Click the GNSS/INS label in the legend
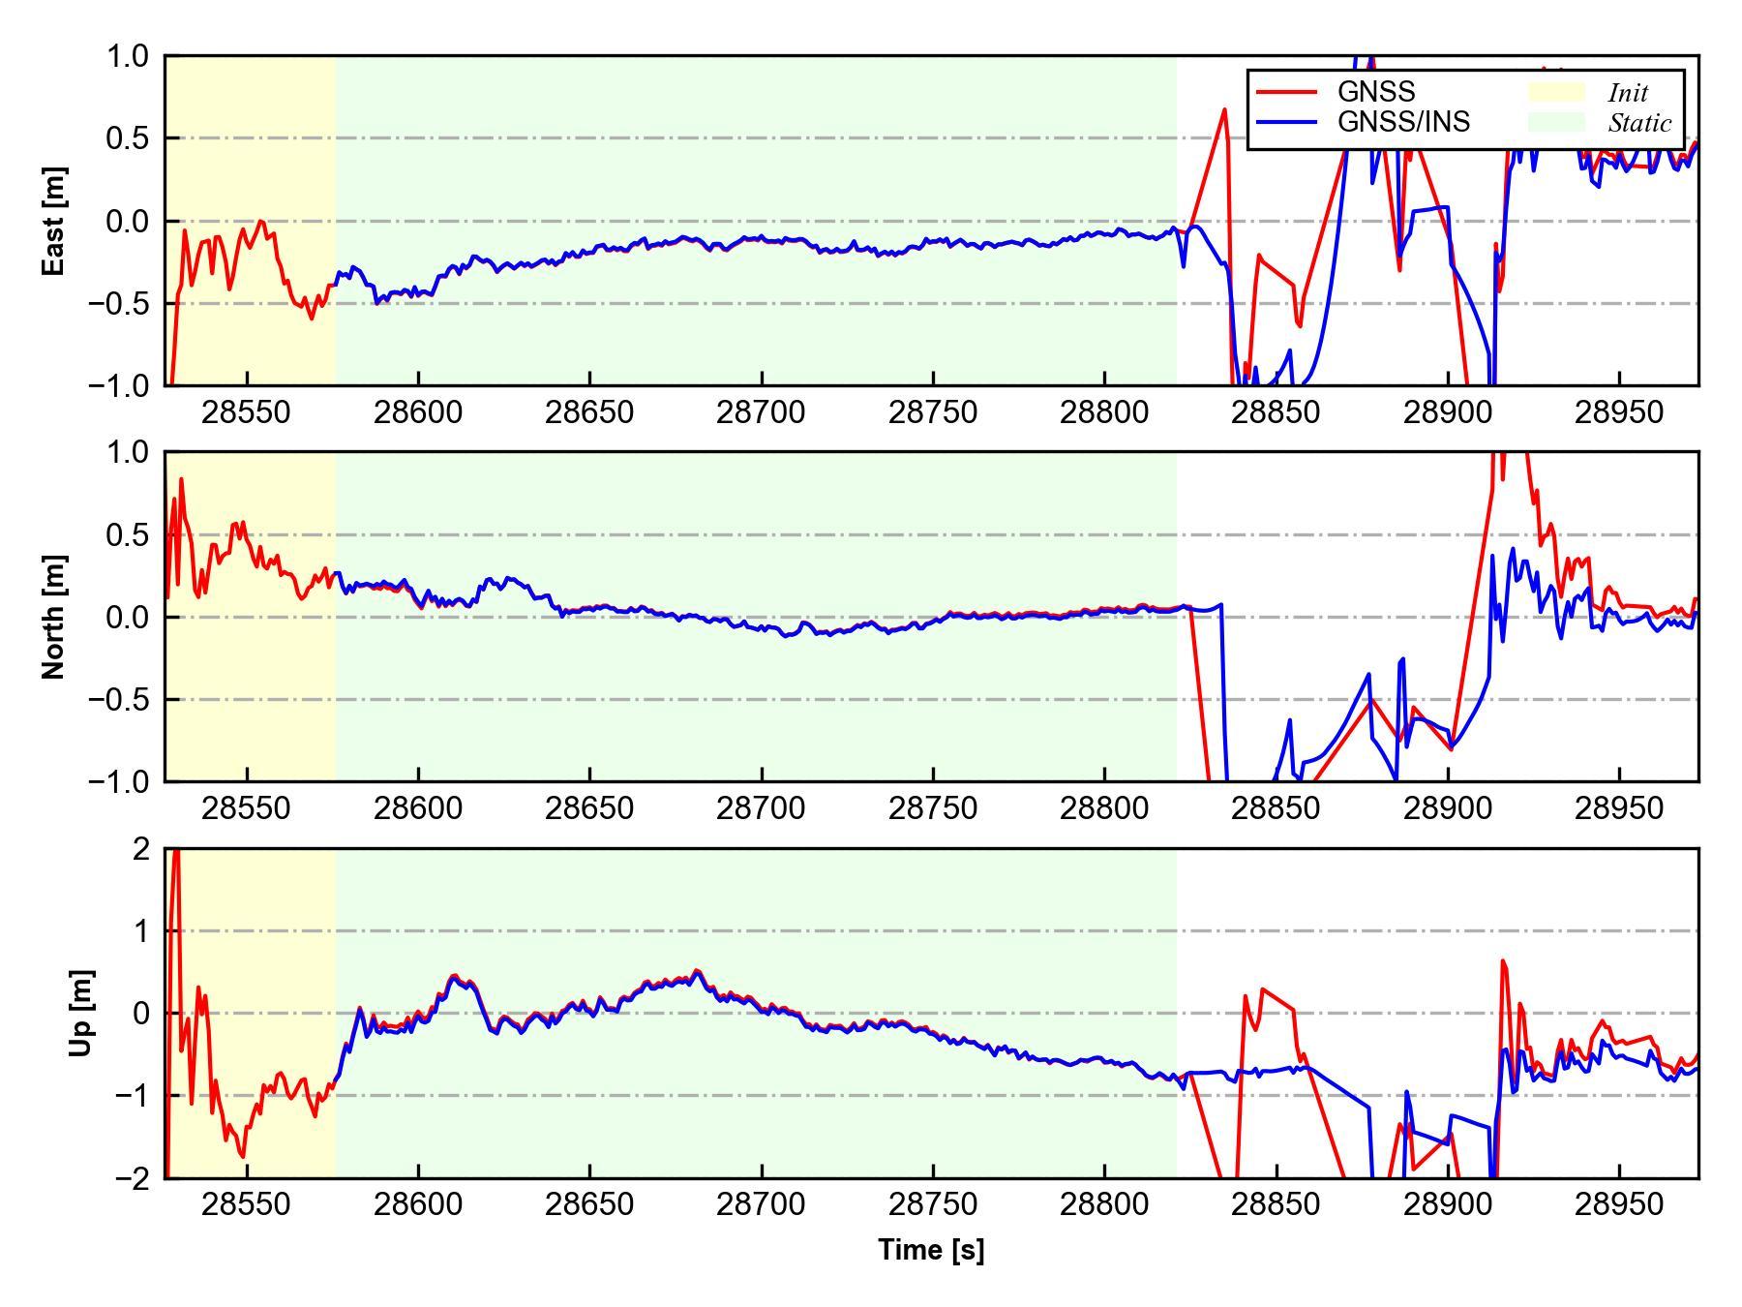click(1403, 122)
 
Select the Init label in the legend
click(1628, 93)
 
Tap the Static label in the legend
click(1639, 123)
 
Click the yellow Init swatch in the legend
click(1556, 92)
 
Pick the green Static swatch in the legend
click(1556, 122)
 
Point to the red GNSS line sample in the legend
click(1286, 92)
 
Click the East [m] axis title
click(54, 221)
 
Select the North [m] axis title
click(54, 617)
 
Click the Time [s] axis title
click(931, 1250)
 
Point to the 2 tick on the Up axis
click(142, 849)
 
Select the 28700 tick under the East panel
click(761, 413)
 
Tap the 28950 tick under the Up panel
click(1619, 1205)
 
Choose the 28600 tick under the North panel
click(417, 808)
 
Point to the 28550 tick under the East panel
click(246, 413)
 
